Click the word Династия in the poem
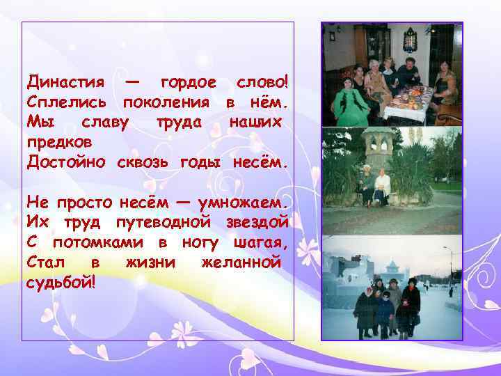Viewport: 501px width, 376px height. [65, 83]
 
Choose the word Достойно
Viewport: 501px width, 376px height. [66, 162]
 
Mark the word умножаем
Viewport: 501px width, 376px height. [243, 203]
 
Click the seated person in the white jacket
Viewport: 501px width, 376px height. [382, 188]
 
